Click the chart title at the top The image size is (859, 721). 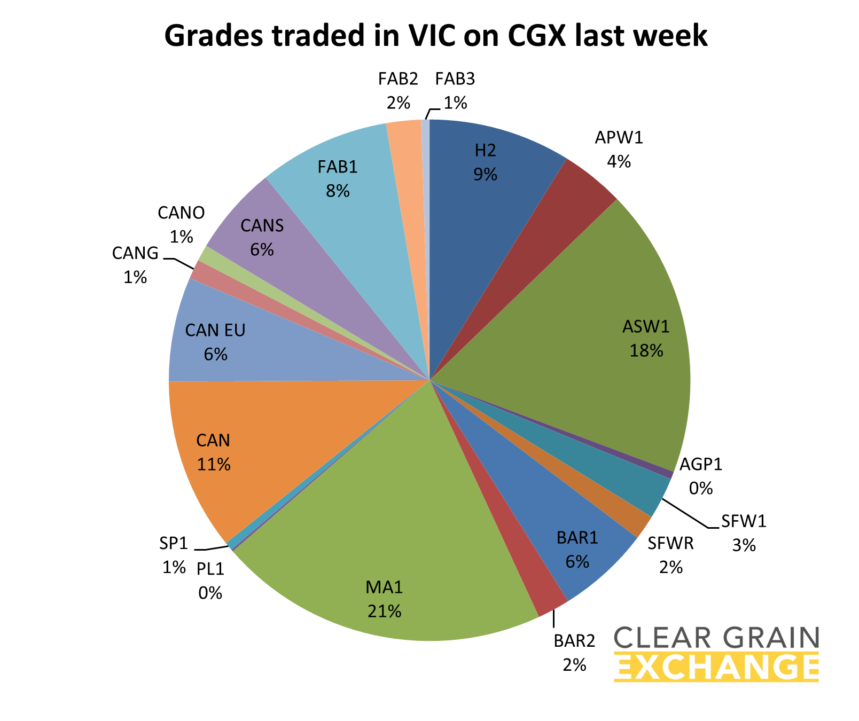[435, 36]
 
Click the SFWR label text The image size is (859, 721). [670, 544]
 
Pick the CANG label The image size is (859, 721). [135, 253]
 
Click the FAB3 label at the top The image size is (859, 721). [455, 79]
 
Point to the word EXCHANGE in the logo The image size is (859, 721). [716, 667]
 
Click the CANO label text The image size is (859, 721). [181, 213]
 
